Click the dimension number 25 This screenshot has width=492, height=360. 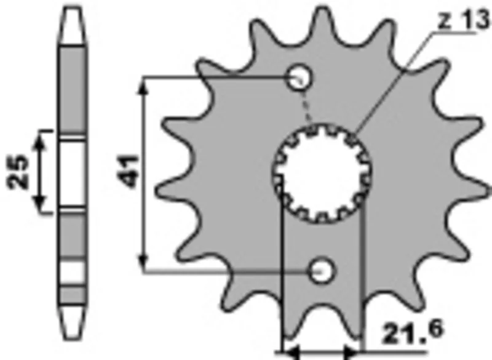point(18,172)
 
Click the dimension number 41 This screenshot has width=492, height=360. point(130,172)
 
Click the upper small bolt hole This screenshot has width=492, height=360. point(301,77)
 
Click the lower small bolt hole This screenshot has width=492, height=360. point(322,271)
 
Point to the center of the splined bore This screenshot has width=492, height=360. point(322,174)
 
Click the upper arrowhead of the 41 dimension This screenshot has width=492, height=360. point(143,85)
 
